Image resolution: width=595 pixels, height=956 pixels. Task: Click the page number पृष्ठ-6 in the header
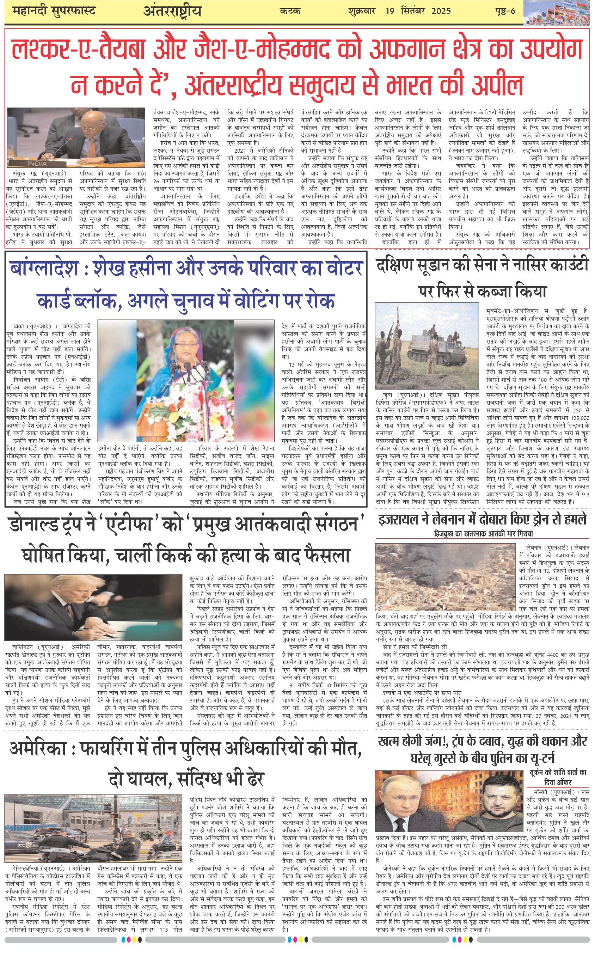pyautogui.click(x=505, y=11)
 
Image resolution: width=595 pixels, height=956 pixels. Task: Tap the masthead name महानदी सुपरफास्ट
pyautogui.click(x=54, y=11)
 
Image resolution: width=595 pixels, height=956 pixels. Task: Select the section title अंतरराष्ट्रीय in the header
pyautogui.click(x=172, y=11)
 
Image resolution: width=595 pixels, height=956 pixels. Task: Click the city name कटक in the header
pyautogui.click(x=290, y=11)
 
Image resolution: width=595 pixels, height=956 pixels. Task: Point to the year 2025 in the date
pyautogui.click(x=441, y=11)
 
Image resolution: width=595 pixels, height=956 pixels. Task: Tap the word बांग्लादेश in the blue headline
pyautogui.click(x=44, y=269)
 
